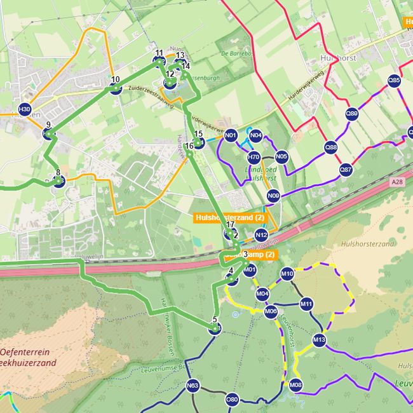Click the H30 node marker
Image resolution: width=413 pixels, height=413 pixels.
[24, 109]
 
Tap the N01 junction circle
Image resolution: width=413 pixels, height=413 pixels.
[231, 135]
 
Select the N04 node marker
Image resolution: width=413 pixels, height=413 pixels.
[256, 135]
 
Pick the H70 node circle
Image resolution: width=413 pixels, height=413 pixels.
[254, 157]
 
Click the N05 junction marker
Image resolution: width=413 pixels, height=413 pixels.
[281, 156]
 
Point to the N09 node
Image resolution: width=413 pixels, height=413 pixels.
[273, 196]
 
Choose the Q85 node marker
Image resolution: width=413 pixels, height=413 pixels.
[394, 81]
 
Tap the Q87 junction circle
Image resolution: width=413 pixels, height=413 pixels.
[346, 170]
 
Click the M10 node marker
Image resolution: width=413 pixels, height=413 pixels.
[287, 274]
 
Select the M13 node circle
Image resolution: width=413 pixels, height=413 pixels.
[319, 340]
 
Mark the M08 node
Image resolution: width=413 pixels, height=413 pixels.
[295, 385]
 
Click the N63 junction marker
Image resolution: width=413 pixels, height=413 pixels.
[193, 385]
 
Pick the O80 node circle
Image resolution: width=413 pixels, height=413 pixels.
[233, 400]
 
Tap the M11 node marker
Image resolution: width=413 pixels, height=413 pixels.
[306, 304]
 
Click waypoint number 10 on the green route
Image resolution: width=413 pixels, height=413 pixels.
[116, 88]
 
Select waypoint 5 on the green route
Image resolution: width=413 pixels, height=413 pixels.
[215, 328]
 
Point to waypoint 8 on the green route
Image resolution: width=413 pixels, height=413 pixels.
[58, 181]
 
